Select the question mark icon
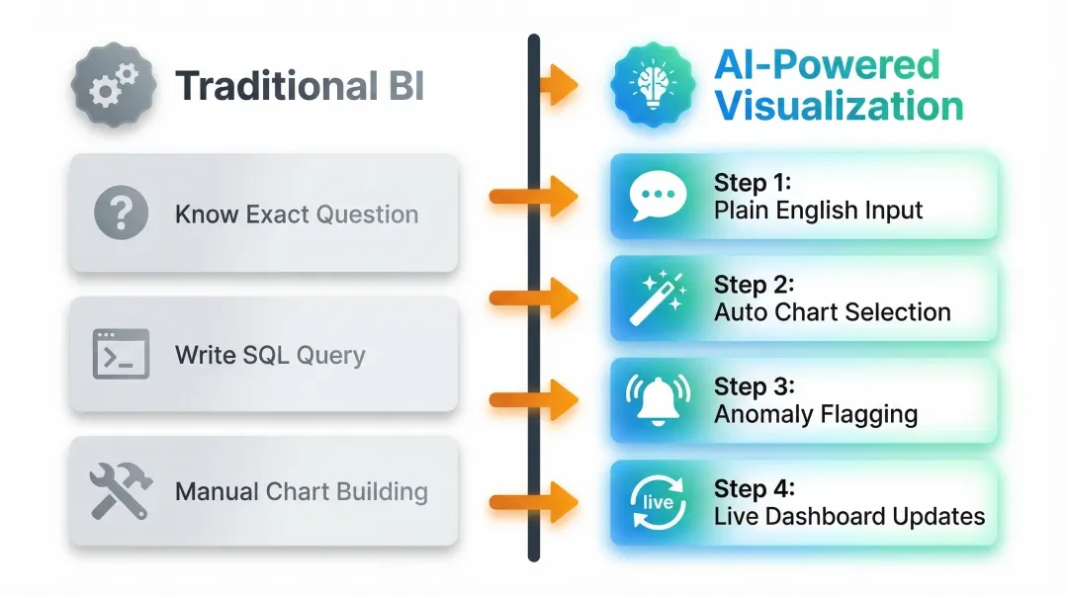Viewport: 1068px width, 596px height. pos(121,213)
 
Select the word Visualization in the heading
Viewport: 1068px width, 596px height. pos(839,106)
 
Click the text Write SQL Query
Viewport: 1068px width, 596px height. pos(270,355)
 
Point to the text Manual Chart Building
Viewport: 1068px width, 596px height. pos(301,492)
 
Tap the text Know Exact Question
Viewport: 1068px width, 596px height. pos(296,214)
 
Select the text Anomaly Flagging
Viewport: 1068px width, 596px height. pos(815,414)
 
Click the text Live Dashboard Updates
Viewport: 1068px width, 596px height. pos(848,516)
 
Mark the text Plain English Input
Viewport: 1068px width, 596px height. pos(818,211)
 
